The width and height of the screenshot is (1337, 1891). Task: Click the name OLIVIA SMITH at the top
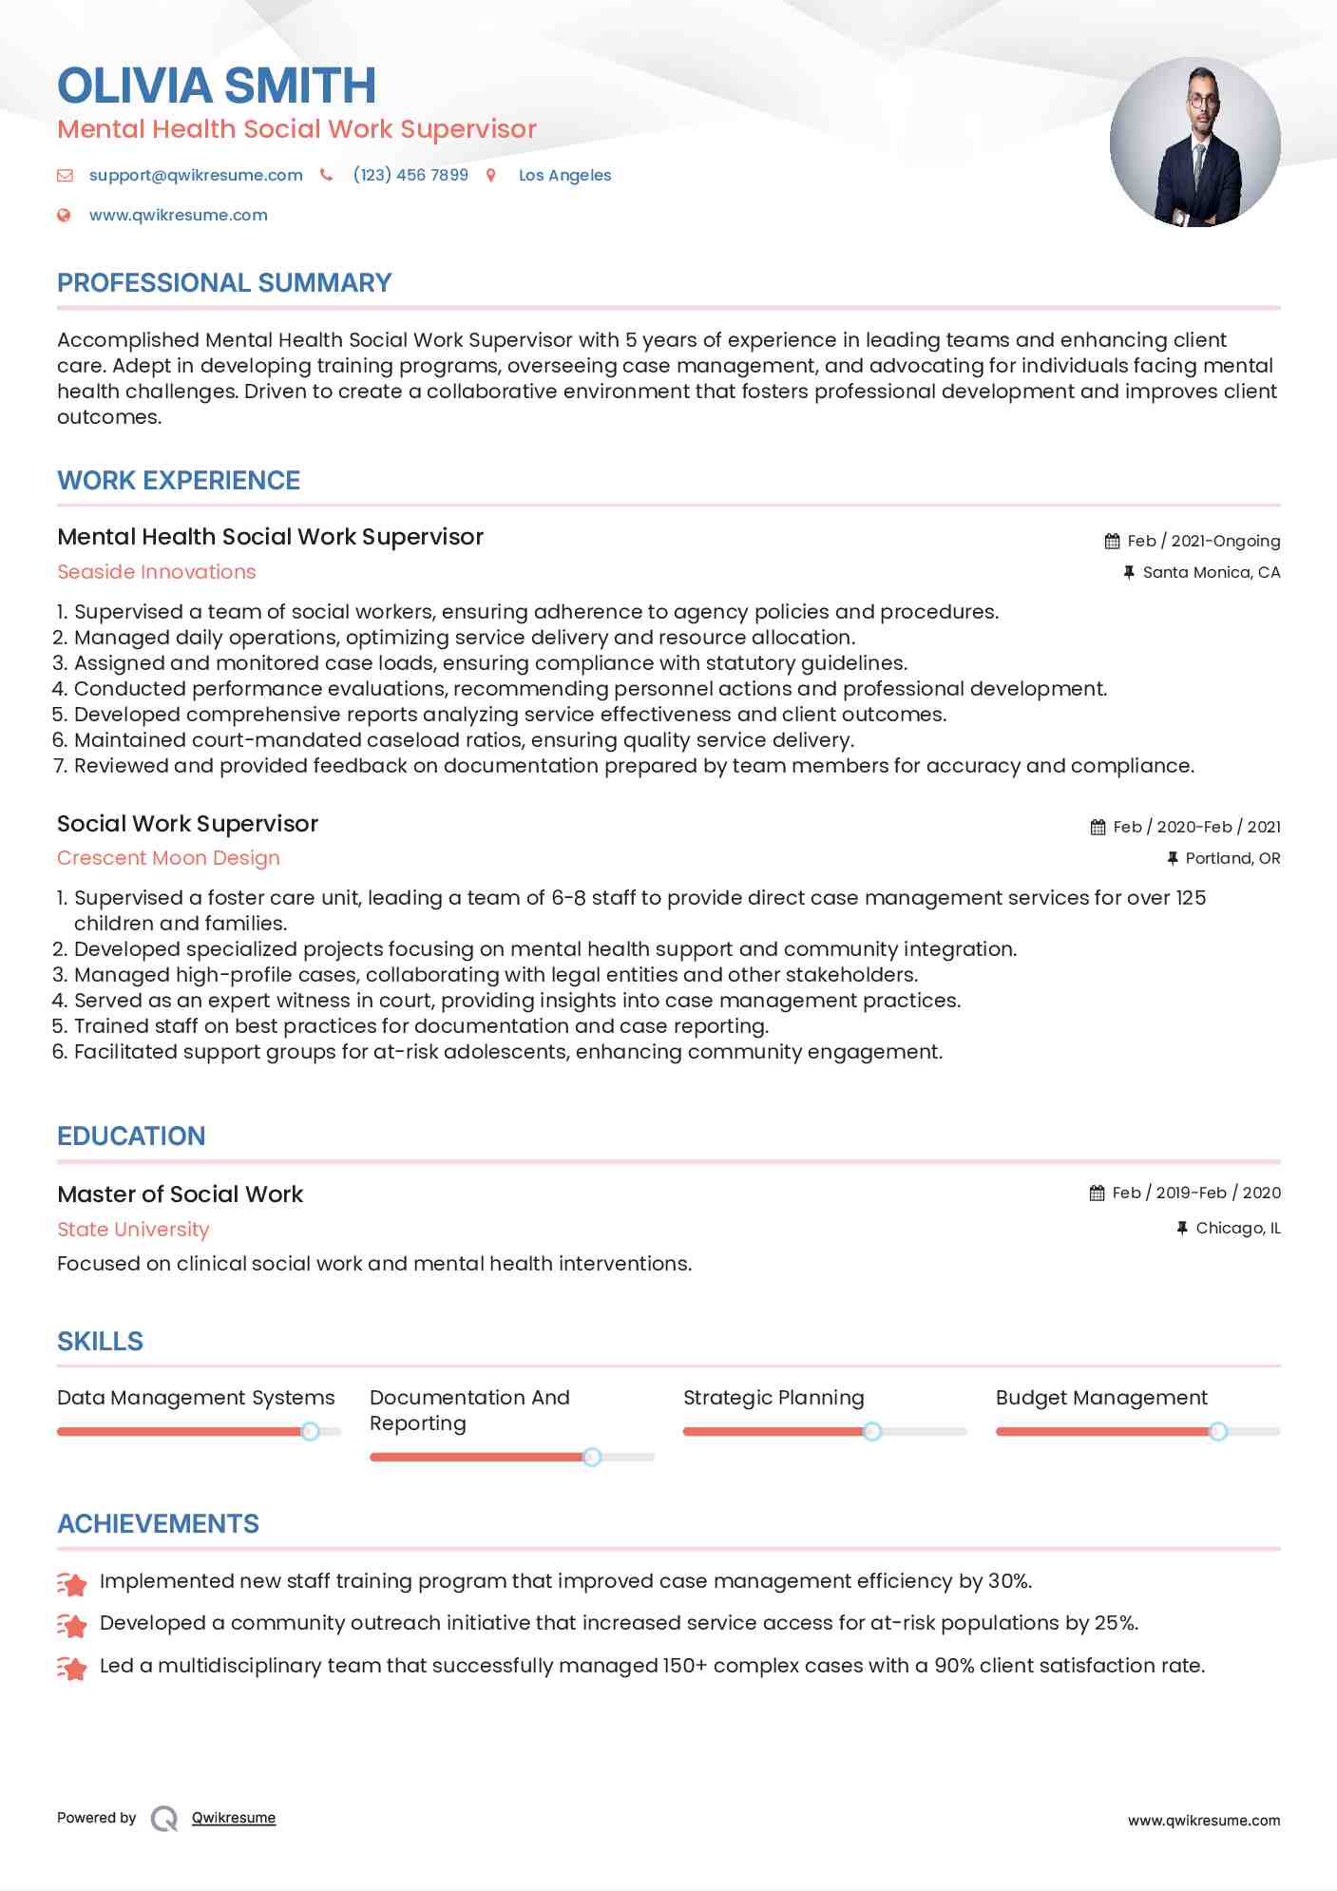217,86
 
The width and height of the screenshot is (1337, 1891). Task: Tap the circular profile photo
1194,143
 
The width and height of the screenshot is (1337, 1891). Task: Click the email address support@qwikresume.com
196,176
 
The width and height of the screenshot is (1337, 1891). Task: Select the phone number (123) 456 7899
410,176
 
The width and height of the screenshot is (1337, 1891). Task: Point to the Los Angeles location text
564,176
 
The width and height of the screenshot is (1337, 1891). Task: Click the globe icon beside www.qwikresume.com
65,216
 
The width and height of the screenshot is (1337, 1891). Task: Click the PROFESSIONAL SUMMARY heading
224,283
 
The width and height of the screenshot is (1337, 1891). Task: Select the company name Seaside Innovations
157,572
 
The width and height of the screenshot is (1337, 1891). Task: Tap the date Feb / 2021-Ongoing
1203,542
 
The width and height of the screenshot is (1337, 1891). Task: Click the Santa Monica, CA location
1211,573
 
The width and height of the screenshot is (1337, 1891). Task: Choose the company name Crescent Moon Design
168,858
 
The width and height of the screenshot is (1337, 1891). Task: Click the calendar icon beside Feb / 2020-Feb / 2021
1098,828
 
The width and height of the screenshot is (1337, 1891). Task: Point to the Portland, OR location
1232,859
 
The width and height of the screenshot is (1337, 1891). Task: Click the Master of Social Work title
180,1194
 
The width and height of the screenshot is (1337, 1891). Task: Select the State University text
133,1230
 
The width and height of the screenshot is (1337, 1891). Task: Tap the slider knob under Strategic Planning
871,1431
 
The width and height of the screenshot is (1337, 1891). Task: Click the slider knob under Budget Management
1217,1431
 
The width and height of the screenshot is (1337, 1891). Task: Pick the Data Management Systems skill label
196,1398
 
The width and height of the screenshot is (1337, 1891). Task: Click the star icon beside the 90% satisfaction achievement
72,1668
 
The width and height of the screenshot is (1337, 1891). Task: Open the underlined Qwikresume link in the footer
234,1818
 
